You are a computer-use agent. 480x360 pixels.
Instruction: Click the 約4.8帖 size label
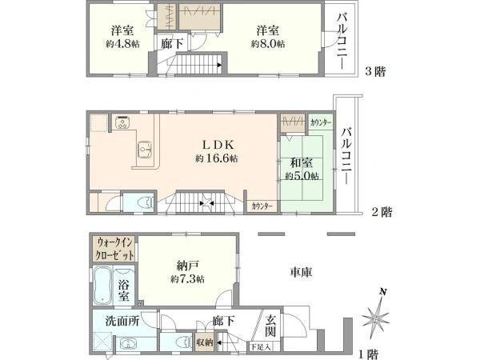click(122, 44)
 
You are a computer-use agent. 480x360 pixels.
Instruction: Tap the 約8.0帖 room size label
click(268, 44)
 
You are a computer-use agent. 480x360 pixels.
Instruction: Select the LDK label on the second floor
click(218, 145)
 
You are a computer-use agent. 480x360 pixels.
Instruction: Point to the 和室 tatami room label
click(302, 163)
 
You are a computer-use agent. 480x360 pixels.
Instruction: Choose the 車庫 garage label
click(301, 272)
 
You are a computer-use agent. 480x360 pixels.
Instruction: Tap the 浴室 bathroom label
click(124, 290)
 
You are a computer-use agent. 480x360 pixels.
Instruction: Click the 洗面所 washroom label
click(122, 321)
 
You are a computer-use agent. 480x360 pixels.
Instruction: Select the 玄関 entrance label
click(270, 326)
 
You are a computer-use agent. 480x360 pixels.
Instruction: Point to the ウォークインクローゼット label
click(114, 249)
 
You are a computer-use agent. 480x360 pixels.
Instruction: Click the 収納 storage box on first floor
click(205, 342)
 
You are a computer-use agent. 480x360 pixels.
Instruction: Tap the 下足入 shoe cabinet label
click(261, 347)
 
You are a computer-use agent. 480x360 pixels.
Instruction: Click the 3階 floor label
click(376, 72)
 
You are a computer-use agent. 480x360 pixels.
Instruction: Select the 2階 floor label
click(382, 212)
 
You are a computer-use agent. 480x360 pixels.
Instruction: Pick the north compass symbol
click(376, 317)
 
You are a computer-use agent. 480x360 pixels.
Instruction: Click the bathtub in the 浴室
click(102, 286)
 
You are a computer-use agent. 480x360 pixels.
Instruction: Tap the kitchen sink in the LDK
click(144, 150)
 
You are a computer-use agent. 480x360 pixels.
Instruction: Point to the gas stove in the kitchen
click(123, 122)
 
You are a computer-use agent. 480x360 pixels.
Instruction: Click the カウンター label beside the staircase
click(262, 206)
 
